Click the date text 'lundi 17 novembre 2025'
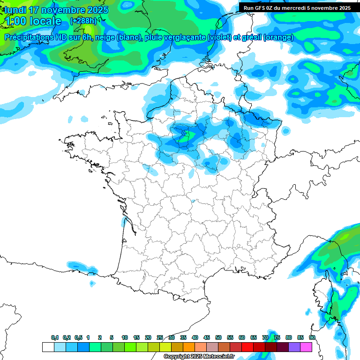(56, 10)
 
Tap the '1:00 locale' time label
(33, 21)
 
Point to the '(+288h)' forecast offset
(83, 21)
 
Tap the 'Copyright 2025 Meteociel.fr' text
(199, 357)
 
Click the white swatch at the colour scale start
(48, 347)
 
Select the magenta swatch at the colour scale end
(306, 347)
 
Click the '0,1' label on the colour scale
(55, 338)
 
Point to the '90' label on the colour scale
(312, 338)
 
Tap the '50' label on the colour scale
(218, 338)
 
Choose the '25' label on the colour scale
(160, 338)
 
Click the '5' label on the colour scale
(112, 338)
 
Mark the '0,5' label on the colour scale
(78, 338)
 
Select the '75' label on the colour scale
(277, 338)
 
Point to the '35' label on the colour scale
(183, 338)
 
